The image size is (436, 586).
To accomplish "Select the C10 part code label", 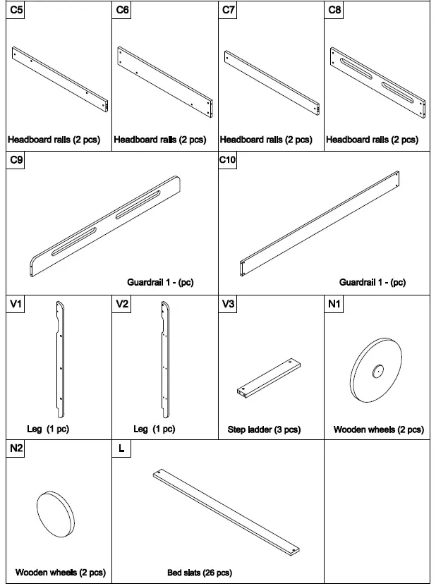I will click(228, 160).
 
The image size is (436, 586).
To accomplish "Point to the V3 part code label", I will click(229, 304).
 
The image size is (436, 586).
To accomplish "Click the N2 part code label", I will click(16, 448).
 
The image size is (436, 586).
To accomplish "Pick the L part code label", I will click(121, 448).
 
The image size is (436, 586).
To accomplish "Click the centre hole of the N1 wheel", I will click(377, 369).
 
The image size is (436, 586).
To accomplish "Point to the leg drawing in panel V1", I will click(60, 360).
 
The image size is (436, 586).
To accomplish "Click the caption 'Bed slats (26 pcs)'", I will click(200, 573).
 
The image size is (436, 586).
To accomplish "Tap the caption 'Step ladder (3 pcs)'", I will click(264, 429).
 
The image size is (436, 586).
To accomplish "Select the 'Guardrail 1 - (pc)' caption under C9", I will click(160, 283).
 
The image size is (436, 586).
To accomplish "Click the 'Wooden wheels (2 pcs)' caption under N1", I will click(378, 429).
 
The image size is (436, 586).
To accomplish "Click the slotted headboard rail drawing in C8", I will click(378, 79).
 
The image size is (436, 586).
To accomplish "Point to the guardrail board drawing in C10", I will click(321, 218).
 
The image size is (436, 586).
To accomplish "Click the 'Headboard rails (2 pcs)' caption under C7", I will click(266, 140).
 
